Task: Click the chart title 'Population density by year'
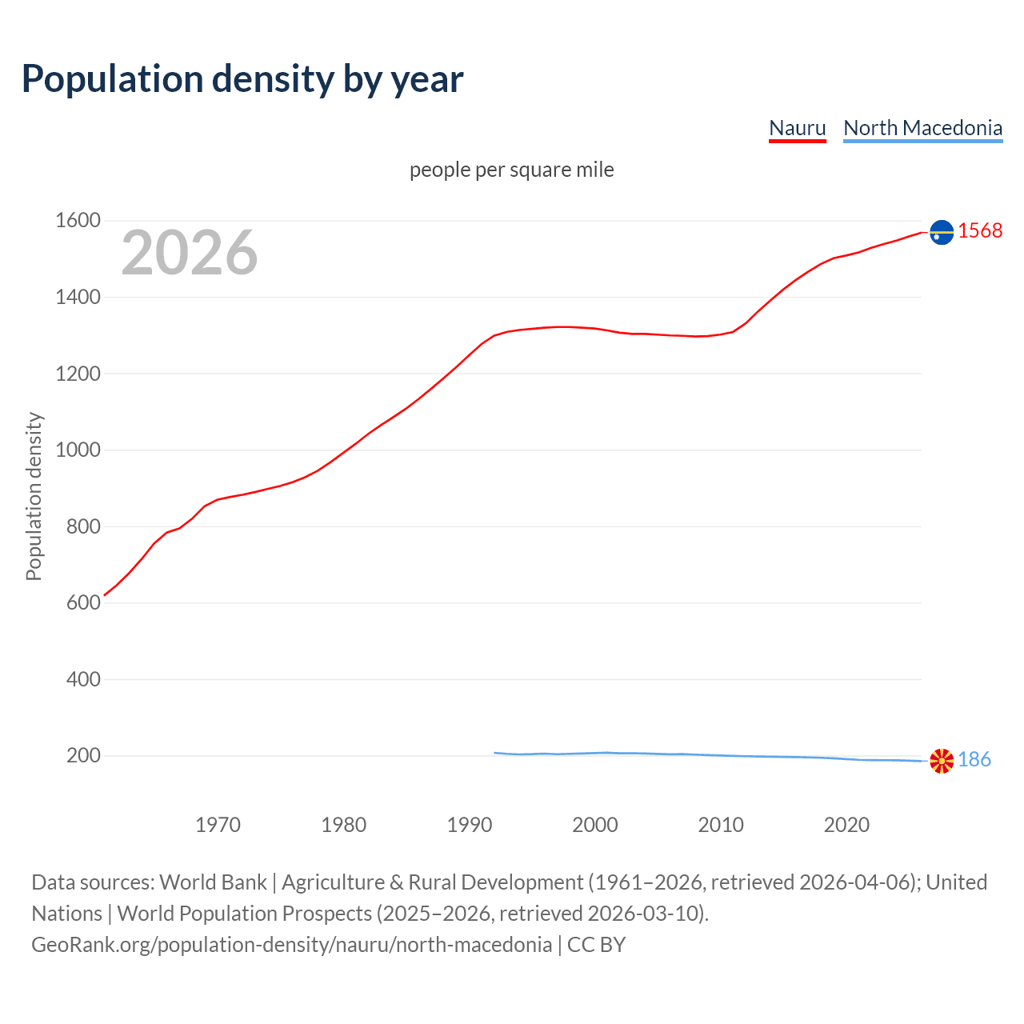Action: [242, 78]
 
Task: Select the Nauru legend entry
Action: [797, 128]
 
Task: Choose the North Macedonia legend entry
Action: [922, 128]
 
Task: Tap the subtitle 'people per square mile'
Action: [512, 170]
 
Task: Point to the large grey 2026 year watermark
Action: [190, 253]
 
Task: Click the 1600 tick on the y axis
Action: [78, 220]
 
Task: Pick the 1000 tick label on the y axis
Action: [78, 450]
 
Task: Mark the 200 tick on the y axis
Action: [83, 755]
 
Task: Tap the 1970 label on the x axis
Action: [218, 825]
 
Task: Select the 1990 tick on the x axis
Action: [470, 825]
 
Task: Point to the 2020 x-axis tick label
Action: [846, 825]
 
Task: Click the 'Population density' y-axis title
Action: [34, 496]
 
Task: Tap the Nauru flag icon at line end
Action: [942, 232]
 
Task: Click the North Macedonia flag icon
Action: [942, 761]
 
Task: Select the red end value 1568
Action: [980, 230]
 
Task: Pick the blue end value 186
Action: [974, 759]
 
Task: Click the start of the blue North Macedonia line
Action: [495, 753]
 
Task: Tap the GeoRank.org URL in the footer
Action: [291, 945]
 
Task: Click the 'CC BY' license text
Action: [596, 945]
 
